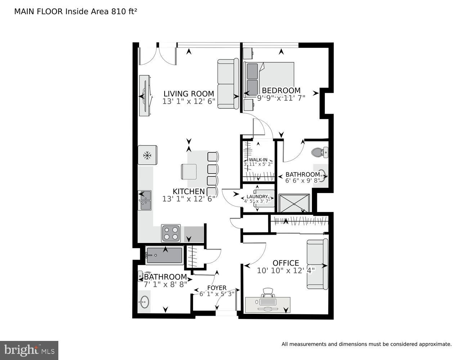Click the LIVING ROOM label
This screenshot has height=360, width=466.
189,94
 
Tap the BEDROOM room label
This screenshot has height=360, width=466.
281,90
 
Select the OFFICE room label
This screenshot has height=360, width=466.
286,263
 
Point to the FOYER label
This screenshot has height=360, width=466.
217,288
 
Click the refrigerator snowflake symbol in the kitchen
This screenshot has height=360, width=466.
147,155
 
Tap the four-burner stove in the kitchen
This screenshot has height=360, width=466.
171,233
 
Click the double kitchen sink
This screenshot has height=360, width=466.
145,201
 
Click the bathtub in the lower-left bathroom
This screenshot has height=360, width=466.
164,256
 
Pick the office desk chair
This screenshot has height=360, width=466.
268,292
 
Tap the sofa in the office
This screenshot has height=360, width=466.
318,264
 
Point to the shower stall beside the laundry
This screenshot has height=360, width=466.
294,204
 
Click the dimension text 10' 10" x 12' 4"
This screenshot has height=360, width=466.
286,271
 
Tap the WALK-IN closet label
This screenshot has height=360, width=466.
258,159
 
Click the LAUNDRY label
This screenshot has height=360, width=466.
257,197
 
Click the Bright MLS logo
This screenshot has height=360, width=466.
29,350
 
